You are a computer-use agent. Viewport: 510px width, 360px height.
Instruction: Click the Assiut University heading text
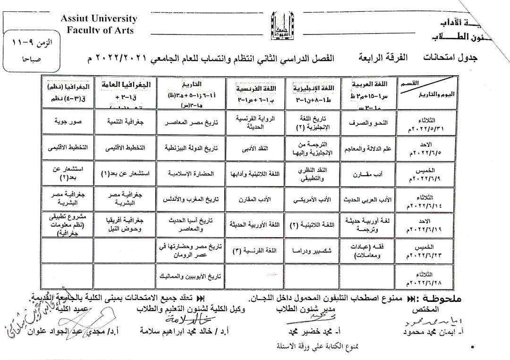[99, 19]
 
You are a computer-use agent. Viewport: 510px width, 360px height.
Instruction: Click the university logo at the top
[280, 26]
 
